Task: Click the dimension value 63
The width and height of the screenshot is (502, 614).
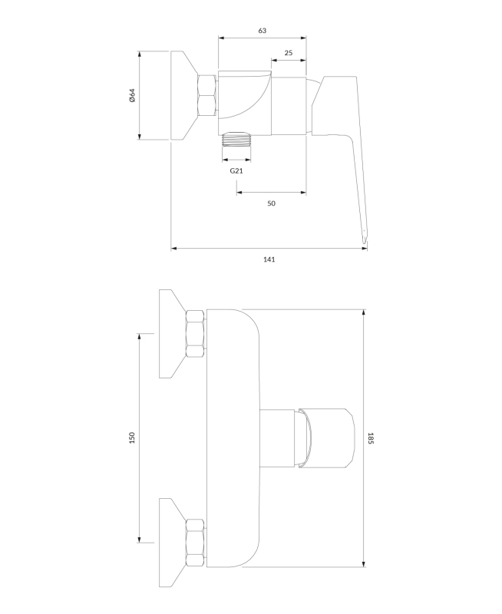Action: tap(263, 31)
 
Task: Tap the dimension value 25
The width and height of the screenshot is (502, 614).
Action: tap(289, 53)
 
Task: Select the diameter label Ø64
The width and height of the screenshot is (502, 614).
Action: tap(132, 95)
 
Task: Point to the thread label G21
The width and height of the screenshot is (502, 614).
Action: tap(236, 170)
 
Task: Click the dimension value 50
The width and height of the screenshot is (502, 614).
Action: tap(272, 203)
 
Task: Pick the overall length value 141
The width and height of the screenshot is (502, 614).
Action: tap(269, 259)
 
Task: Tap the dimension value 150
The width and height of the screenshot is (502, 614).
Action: tap(132, 437)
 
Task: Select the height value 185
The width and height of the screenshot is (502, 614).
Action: tap(371, 438)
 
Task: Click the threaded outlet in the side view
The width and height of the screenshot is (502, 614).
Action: tap(236, 139)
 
